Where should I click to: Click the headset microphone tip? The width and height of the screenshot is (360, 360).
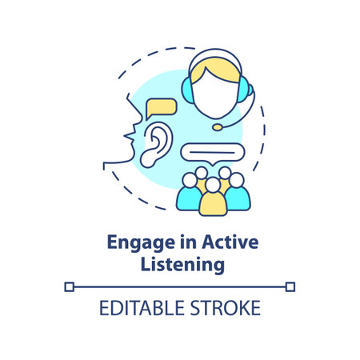[x=218, y=126]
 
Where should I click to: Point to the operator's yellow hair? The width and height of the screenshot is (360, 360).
[x=214, y=64]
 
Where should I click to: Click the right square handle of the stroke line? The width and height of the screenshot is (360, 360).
[x=292, y=285]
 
